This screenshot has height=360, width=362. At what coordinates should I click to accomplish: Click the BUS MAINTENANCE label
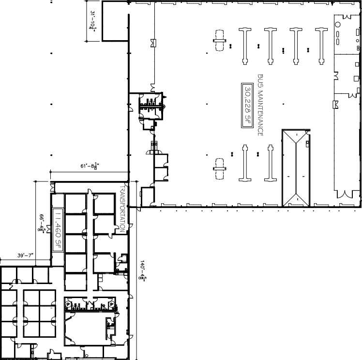pyautogui.click(x=260, y=105)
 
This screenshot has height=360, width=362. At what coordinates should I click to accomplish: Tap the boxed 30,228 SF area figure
pyautogui.click(x=247, y=105)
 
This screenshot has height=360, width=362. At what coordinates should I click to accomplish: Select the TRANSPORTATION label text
pyautogui.click(x=122, y=209)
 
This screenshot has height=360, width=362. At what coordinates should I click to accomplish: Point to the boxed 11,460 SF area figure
pyautogui.click(x=58, y=230)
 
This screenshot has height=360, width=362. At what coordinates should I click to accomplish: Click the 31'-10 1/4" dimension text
pyautogui.click(x=92, y=21)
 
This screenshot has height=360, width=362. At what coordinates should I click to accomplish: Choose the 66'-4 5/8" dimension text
pyautogui.click(x=41, y=223)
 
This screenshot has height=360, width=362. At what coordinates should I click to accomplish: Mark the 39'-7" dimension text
pyautogui.click(x=25, y=255)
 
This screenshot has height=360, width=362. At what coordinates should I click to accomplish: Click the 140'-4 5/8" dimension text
pyautogui.click(x=142, y=270)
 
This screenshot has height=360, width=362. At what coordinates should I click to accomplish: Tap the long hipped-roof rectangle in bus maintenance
pyautogui.click(x=296, y=168)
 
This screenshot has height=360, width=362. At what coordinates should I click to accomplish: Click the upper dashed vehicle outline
pyautogui.click(x=219, y=40)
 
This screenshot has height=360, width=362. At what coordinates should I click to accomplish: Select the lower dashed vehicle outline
pyautogui.click(x=219, y=169)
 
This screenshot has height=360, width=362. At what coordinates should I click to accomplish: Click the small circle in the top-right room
pyautogui.click(x=337, y=25)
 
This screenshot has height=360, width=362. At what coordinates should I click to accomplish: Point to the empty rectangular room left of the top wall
pyautogui.click(x=115, y=21)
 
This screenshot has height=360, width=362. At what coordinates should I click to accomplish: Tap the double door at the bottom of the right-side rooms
pyautogui.click(x=345, y=195)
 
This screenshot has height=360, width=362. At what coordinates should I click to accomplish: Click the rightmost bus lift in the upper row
pyautogui.click(x=321, y=46)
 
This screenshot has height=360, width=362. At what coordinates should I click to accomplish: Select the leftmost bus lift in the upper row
pyautogui.click(x=245, y=46)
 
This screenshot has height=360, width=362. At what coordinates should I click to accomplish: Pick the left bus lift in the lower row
pyautogui.click(x=245, y=163)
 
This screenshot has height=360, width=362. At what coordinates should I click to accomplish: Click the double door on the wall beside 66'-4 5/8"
pyautogui.click(x=48, y=229)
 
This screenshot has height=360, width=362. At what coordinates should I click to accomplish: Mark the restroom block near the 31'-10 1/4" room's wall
pyautogui.click(x=151, y=106)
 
